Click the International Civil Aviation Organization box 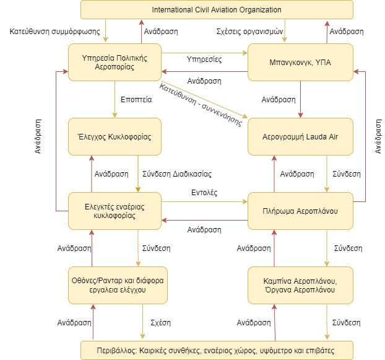point(217,9)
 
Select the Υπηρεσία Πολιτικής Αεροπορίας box point(115,62)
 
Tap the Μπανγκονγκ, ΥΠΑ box point(300,62)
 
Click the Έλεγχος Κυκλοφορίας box point(115,137)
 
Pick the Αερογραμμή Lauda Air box point(300,137)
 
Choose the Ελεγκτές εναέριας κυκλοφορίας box point(115,211)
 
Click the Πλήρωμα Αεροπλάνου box point(300,211)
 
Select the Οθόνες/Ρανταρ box point(118,285)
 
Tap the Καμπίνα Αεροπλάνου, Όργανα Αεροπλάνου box point(300,285)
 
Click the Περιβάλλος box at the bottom point(217,351)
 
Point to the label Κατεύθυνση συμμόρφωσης point(54,32)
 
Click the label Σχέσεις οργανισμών point(249,32)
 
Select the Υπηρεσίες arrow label point(204,59)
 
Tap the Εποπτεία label point(136,100)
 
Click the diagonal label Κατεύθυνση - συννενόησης point(201,105)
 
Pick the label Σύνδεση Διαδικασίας point(177,174)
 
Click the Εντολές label point(204,193)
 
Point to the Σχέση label point(160,323)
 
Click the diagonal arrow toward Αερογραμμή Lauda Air point(204,99)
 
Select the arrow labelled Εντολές point(204,202)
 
